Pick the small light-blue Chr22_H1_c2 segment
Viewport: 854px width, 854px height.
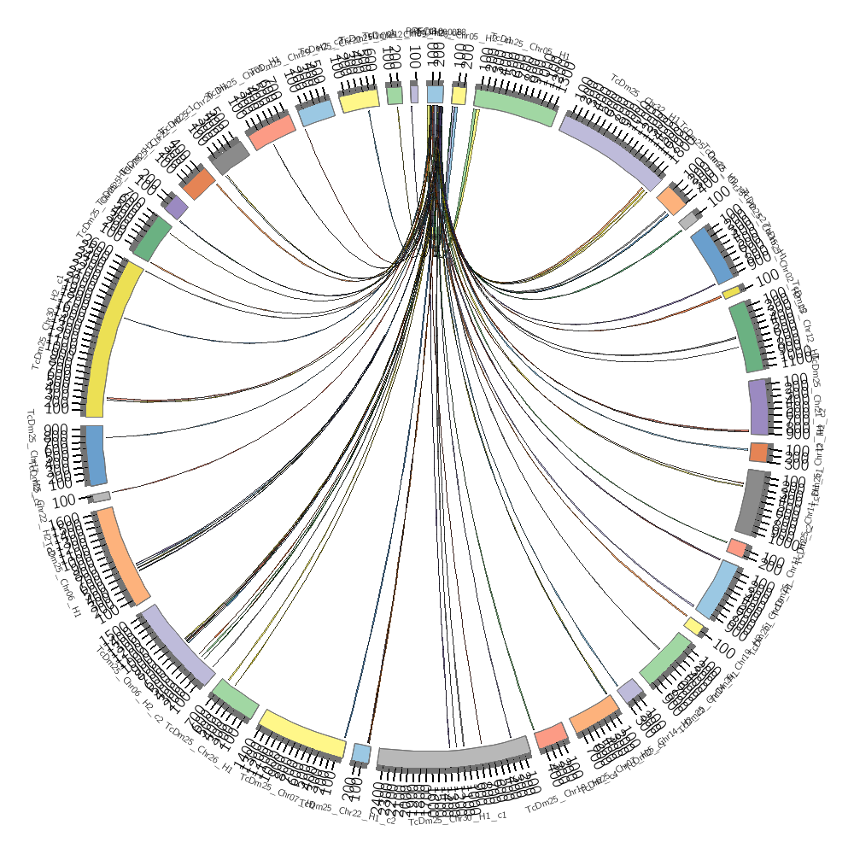361,754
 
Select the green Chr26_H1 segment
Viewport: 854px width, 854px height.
235,699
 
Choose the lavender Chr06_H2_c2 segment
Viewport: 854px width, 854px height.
178,645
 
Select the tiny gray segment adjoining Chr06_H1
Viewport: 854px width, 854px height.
101,496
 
